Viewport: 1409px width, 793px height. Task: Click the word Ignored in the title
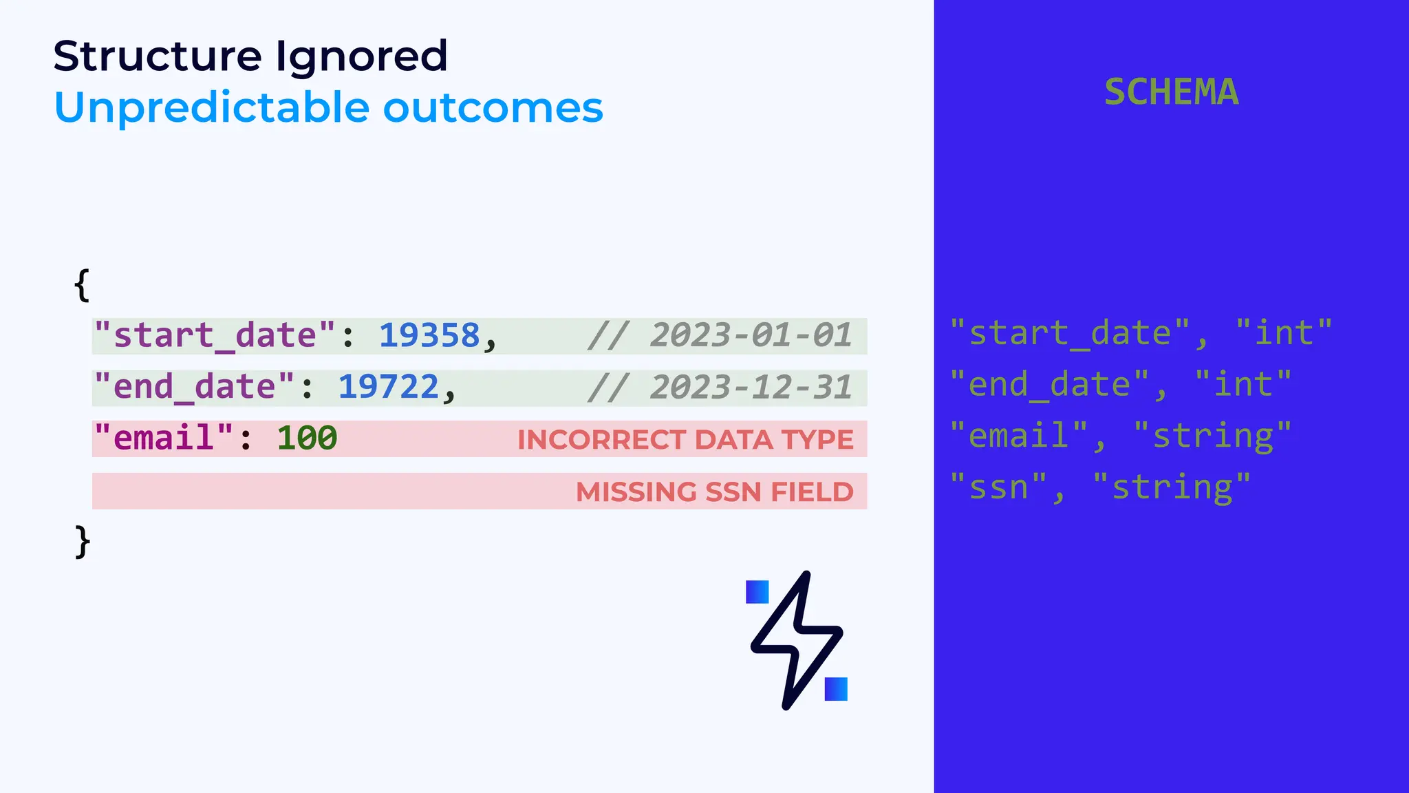361,56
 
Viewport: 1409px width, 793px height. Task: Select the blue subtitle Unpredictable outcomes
328,108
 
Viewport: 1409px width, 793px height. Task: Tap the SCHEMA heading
1171,92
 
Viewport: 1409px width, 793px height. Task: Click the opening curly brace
82,284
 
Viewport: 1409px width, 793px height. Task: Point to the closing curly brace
82,542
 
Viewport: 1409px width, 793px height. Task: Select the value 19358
429,336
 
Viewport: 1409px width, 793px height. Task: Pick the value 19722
388,387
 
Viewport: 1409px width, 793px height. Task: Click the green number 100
307,438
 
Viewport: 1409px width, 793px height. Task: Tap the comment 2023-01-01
751,336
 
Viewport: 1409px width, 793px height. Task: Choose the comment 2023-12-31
751,387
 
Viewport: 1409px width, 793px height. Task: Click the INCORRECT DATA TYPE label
685,440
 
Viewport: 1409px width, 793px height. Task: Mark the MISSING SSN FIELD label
714,491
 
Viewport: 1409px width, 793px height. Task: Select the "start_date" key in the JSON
215,336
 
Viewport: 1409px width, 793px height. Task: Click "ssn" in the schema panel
998,487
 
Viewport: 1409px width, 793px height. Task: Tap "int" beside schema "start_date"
1284,334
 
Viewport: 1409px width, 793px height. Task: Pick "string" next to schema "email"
1212,436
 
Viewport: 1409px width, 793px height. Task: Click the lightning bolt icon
797,639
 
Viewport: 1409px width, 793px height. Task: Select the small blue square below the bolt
836,689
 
